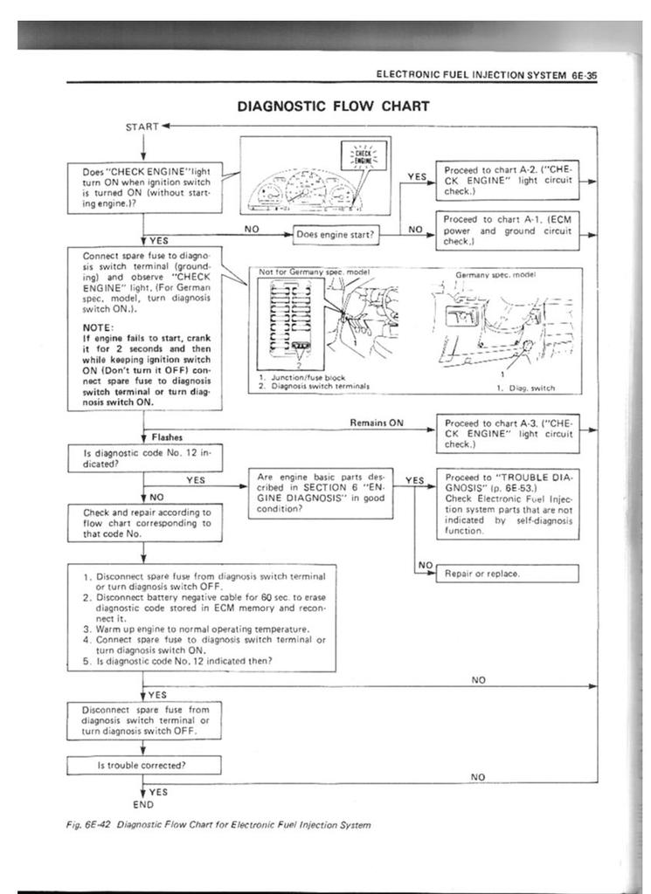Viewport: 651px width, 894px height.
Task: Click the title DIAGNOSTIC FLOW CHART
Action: [333, 107]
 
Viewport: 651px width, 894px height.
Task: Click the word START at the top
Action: [142, 127]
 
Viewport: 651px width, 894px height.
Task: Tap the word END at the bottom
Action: [142, 804]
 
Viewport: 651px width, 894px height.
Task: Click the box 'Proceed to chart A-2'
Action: [508, 179]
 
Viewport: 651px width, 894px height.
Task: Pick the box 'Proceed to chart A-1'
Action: [508, 230]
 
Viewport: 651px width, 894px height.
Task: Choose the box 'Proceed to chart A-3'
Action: [508, 433]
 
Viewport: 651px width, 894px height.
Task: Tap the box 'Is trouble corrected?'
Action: [142, 765]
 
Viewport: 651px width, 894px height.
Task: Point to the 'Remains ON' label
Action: [377, 423]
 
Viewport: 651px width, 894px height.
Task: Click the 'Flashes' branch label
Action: [166, 437]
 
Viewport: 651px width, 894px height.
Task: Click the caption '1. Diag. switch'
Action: [525, 388]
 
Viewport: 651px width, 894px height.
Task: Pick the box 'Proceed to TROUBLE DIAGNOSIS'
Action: [508, 504]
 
